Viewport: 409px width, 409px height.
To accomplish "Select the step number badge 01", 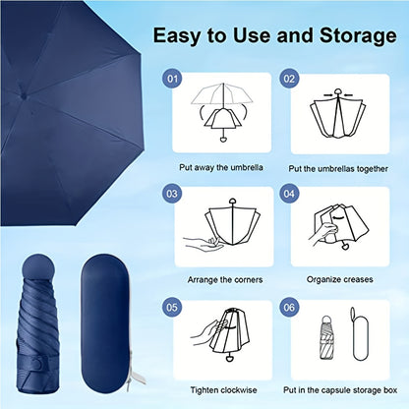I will point(172,77).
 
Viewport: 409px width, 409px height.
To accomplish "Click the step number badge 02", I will point(289,77).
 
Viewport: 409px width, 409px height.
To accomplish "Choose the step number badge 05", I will point(172,306).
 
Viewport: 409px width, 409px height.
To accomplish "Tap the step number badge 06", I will point(289,306).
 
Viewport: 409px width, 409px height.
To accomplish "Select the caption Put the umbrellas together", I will point(336,168).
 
